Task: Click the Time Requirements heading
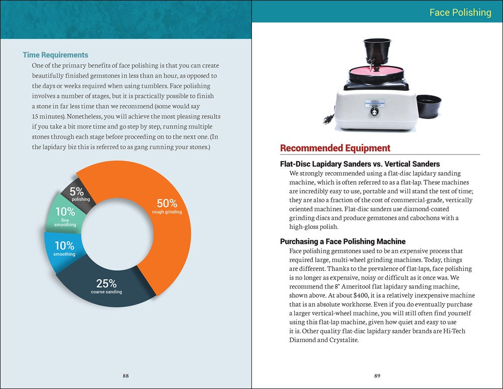click(x=55, y=55)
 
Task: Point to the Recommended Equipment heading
click(x=335, y=148)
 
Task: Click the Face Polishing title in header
click(x=460, y=13)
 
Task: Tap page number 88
click(x=126, y=375)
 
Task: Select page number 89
click(x=377, y=375)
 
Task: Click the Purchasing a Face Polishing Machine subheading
click(x=343, y=242)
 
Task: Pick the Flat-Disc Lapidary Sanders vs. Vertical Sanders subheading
click(x=360, y=164)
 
